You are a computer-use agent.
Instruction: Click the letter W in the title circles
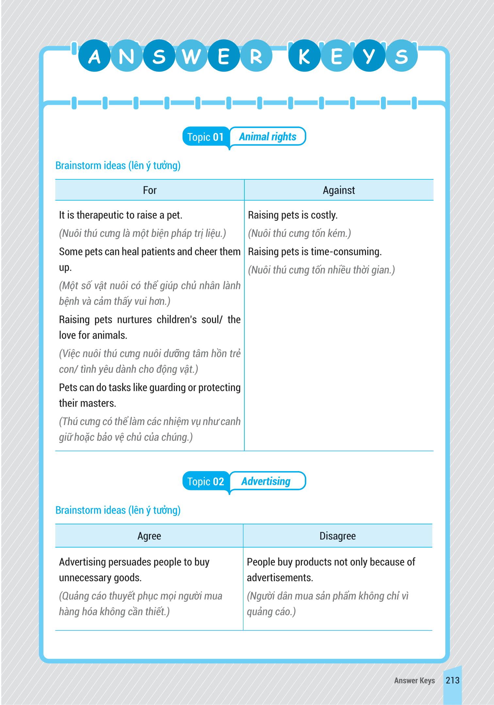click(x=191, y=56)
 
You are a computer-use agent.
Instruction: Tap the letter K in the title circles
click(x=304, y=56)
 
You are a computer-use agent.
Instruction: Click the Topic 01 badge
click(x=206, y=137)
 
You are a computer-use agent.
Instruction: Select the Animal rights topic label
click(x=268, y=137)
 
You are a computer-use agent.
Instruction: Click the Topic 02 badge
click(x=206, y=482)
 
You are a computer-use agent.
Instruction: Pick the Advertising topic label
click(x=266, y=481)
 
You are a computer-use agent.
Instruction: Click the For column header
click(x=150, y=190)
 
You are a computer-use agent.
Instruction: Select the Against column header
click(x=339, y=190)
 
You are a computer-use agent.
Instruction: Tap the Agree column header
click(x=149, y=536)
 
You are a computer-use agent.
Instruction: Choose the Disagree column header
click(x=338, y=536)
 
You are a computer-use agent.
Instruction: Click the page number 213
click(x=453, y=680)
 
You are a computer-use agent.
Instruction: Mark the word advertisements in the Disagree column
click(x=280, y=578)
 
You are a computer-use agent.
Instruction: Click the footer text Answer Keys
click(x=414, y=680)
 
